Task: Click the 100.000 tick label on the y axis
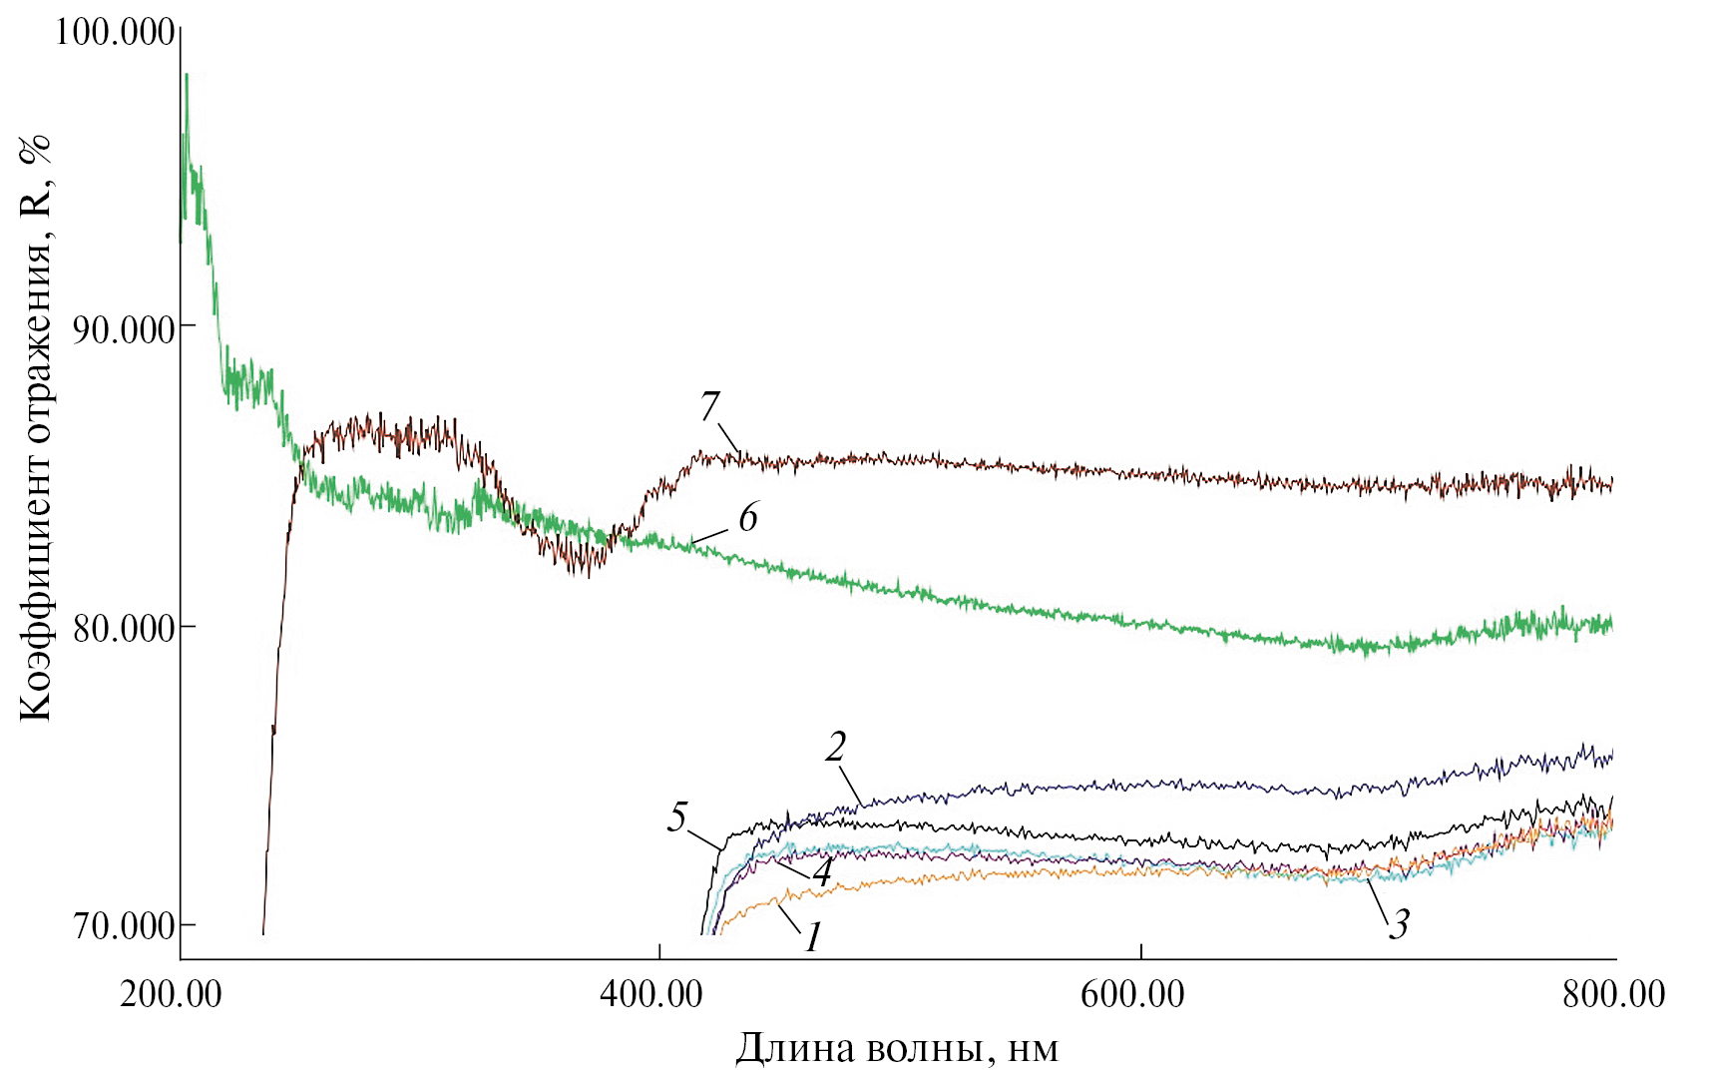(x=115, y=32)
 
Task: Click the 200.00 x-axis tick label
(x=171, y=994)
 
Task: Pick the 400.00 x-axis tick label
(x=650, y=994)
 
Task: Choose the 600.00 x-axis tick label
(x=1132, y=994)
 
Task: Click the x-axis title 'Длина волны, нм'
(x=896, y=1049)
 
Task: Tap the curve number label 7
(x=709, y=407)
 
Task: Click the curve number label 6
(x=747, y=518)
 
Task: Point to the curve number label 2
(x=836, y=747)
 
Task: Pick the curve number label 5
(x=677, y=817)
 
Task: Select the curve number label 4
(x=821, y=873)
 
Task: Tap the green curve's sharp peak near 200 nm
(x=186, y=76)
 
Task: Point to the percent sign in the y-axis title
(x=37, y=150)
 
